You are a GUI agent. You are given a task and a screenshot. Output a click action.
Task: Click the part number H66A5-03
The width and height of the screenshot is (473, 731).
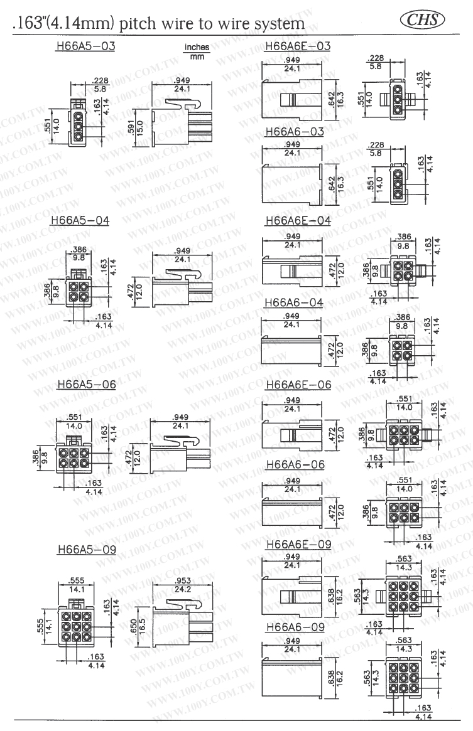pos(86,47)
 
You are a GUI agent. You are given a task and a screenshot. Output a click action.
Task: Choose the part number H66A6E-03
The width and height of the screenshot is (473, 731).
pos(298,46)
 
